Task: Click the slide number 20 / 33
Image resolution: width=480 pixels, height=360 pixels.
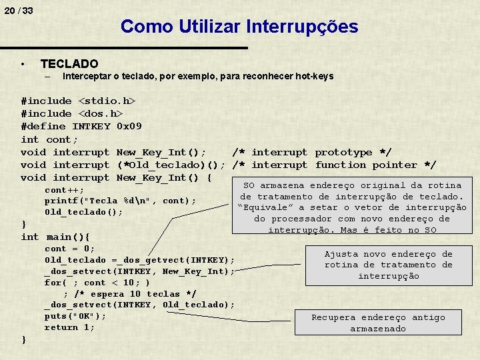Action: [x=18, y=11]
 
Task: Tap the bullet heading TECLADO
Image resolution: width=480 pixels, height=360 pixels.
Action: [x=69, y=64]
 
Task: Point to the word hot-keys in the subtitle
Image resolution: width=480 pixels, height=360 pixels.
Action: [x=314, y=76]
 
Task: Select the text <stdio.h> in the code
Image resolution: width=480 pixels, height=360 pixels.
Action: [x=107, y=101]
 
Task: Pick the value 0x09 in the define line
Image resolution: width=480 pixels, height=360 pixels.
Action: [x=129, y=127]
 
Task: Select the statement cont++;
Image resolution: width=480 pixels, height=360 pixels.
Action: [x=64, y=190]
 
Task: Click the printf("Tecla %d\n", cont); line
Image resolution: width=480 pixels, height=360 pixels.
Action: [x=120, y=201]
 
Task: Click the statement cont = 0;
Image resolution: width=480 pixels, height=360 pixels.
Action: [x=70, y=249]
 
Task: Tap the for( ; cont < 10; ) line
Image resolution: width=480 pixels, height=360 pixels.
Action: [x=97, y=283]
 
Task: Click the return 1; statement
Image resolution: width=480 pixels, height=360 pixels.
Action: [x=69, y=327]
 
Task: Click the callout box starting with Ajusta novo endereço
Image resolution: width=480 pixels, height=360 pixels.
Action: [x=388, y=265]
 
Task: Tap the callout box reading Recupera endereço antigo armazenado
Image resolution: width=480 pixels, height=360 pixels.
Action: [x=378, y=323]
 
